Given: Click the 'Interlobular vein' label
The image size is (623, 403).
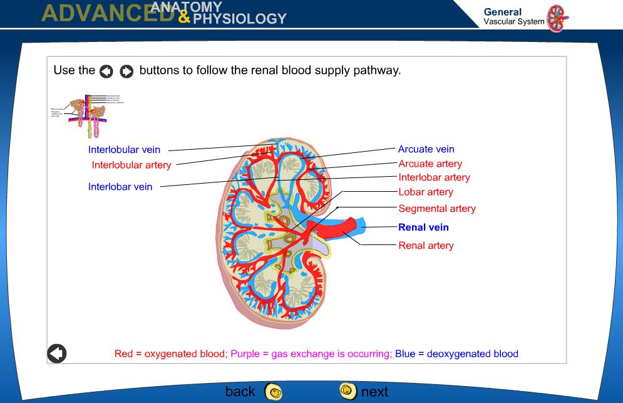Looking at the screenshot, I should click(x=124, y=150).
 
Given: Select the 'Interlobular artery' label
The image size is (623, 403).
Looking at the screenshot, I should click(x=131, y=165).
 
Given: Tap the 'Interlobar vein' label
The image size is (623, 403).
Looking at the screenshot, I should click(x=120, y=187).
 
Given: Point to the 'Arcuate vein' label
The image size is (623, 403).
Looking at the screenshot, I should click(x=426, y=149).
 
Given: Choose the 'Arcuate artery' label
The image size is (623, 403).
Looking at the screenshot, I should click(x=430, y=164).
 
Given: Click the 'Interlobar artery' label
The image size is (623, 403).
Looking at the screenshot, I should click(x=434, y=177).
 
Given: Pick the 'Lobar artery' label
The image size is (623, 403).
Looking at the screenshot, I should click(x=426, y=192).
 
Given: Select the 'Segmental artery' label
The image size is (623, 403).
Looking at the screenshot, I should click(x=437, y=209).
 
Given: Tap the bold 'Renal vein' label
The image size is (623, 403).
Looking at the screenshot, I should click(x=423, y=228).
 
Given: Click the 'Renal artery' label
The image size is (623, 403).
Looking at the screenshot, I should click(x=426, y=246).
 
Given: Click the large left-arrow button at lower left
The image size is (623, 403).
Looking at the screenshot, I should click(x=57, y=353).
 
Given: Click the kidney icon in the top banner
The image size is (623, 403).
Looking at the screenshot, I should click(x=557, y=18).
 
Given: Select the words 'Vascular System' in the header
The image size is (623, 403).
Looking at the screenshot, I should click(x=513, y=22).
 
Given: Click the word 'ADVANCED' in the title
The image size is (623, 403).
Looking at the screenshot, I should click(x=106, y=14).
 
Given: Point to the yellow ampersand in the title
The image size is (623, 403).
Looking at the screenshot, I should click(x=184, y=19).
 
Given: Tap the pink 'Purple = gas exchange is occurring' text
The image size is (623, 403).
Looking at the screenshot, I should click(x=311, y=354).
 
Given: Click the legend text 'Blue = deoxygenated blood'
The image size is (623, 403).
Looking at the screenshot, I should click(x=456, y=354).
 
